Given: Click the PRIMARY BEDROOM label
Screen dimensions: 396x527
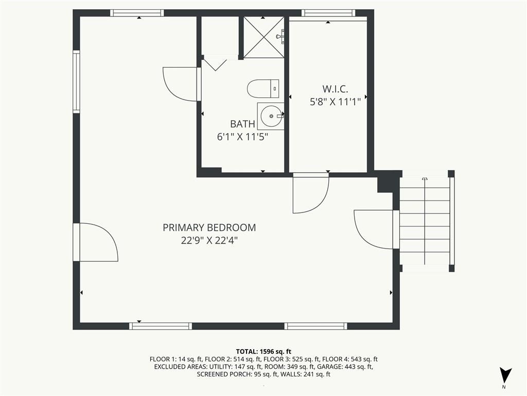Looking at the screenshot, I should tap(209, 227).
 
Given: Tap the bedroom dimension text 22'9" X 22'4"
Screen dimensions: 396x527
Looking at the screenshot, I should tap(209, 240).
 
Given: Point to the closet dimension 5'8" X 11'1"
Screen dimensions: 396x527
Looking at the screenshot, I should tap(335, 102).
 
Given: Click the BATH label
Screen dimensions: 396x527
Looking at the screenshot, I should tap(242, 124).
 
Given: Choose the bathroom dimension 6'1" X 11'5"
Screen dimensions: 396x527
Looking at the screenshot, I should tap(242, 137).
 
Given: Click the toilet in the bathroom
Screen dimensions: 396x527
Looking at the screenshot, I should tap(262, 89).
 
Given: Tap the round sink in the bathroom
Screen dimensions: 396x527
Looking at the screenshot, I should tap(270, 116).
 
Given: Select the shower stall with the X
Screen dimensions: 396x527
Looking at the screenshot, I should tap(263, 37).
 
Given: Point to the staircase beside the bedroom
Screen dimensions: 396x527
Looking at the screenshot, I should tap(425, 222).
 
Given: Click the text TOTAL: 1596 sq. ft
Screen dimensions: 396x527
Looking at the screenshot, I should tap(263, 351).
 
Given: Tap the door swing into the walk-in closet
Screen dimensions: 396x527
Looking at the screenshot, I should tap(310, 193).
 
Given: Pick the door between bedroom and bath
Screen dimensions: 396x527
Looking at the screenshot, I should tap(181, 84).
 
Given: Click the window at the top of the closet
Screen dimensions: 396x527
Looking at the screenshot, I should tap(328, 13).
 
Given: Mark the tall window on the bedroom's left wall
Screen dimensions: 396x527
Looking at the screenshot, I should tap(76, 81).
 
